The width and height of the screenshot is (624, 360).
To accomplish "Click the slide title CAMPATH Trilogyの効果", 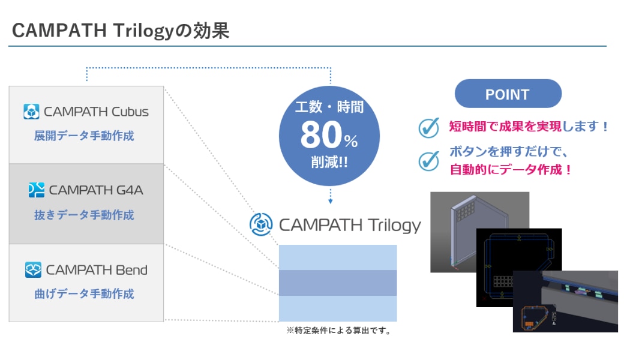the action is pyautogui.click(x=121, y=31).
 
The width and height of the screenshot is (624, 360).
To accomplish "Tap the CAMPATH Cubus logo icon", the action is pyautogui.click(x=31, y=112).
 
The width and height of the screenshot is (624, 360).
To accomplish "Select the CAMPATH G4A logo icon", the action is pyautogui.click(x=36, y=190).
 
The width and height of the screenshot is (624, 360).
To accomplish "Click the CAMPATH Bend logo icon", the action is pyautogui.click(x=33, y=270).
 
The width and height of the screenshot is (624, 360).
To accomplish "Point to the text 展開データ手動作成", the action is pyautogui.click(x=84, y=136).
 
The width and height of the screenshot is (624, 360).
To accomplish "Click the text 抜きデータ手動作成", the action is pyautogui.click(x=84, y=215).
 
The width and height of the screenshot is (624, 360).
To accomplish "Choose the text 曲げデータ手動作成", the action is pyautogui.click(x=84, y=293).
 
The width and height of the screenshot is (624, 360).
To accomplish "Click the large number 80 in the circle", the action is pyautogui.click(x=321, y=135).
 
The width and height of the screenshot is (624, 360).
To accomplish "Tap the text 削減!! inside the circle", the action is pyautogui.click(x=329, y=162).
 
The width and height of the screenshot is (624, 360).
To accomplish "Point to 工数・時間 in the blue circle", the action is pyautogui.click(x=329, y=107).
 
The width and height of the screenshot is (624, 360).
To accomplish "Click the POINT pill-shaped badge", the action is pyautogui.click(x=508, y=94).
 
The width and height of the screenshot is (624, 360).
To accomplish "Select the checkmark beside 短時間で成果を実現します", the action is pyautogui.click(x=429, y=128).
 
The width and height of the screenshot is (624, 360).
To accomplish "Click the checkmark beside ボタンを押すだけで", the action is pyautogui.click(x=429, y=161).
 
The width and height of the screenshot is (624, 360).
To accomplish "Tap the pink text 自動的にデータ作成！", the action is pyautogui.click(x=511, y=170).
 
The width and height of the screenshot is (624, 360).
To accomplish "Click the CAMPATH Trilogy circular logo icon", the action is pyautogui.click(x=261, y=224).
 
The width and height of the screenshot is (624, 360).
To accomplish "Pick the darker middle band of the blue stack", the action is pyautogui.click(x=338, y=283).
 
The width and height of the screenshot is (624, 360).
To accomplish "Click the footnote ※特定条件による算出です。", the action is pyautogui.click(x=338, y=331).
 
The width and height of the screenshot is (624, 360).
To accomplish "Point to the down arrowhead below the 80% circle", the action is pyautogui.click(x=331, y=202).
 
